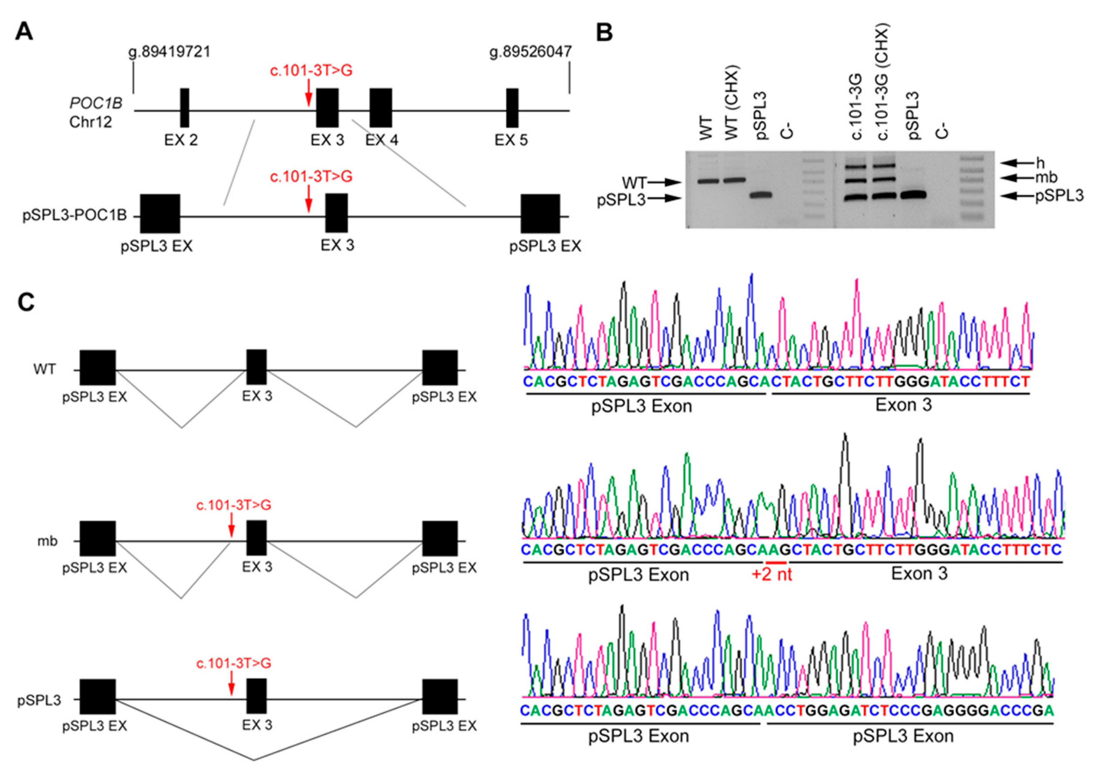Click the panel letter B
click(x=605, y=33)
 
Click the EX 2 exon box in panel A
click(x=185, y=108)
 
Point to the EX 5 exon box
click(x=512, y=108)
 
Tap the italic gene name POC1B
click(x=96, y=103)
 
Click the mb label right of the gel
click(x=1046, y=178)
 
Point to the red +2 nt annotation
click(x=772, y=574)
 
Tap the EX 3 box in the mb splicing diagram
click(x=256, y=538)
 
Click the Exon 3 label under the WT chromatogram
click(x=903, y=405)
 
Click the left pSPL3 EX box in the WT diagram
click(x=98, y=367)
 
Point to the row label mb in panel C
click(x=47, y=541)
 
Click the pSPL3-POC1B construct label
click(x=74, y=216)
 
